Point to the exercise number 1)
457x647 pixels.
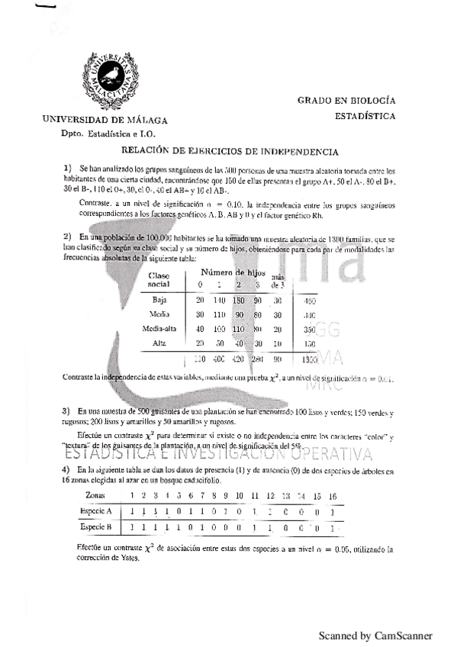67,168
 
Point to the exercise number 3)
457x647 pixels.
67,412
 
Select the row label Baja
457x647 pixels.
159,300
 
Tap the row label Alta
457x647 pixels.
159,343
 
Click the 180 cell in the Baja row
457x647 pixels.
239,300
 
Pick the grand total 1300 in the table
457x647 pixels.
310,359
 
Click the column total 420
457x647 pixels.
239,359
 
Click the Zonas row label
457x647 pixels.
96,496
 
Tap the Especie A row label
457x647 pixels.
97,510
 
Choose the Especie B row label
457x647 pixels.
97,527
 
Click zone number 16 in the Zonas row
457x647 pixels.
333,496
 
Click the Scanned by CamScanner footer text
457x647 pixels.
375,635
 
